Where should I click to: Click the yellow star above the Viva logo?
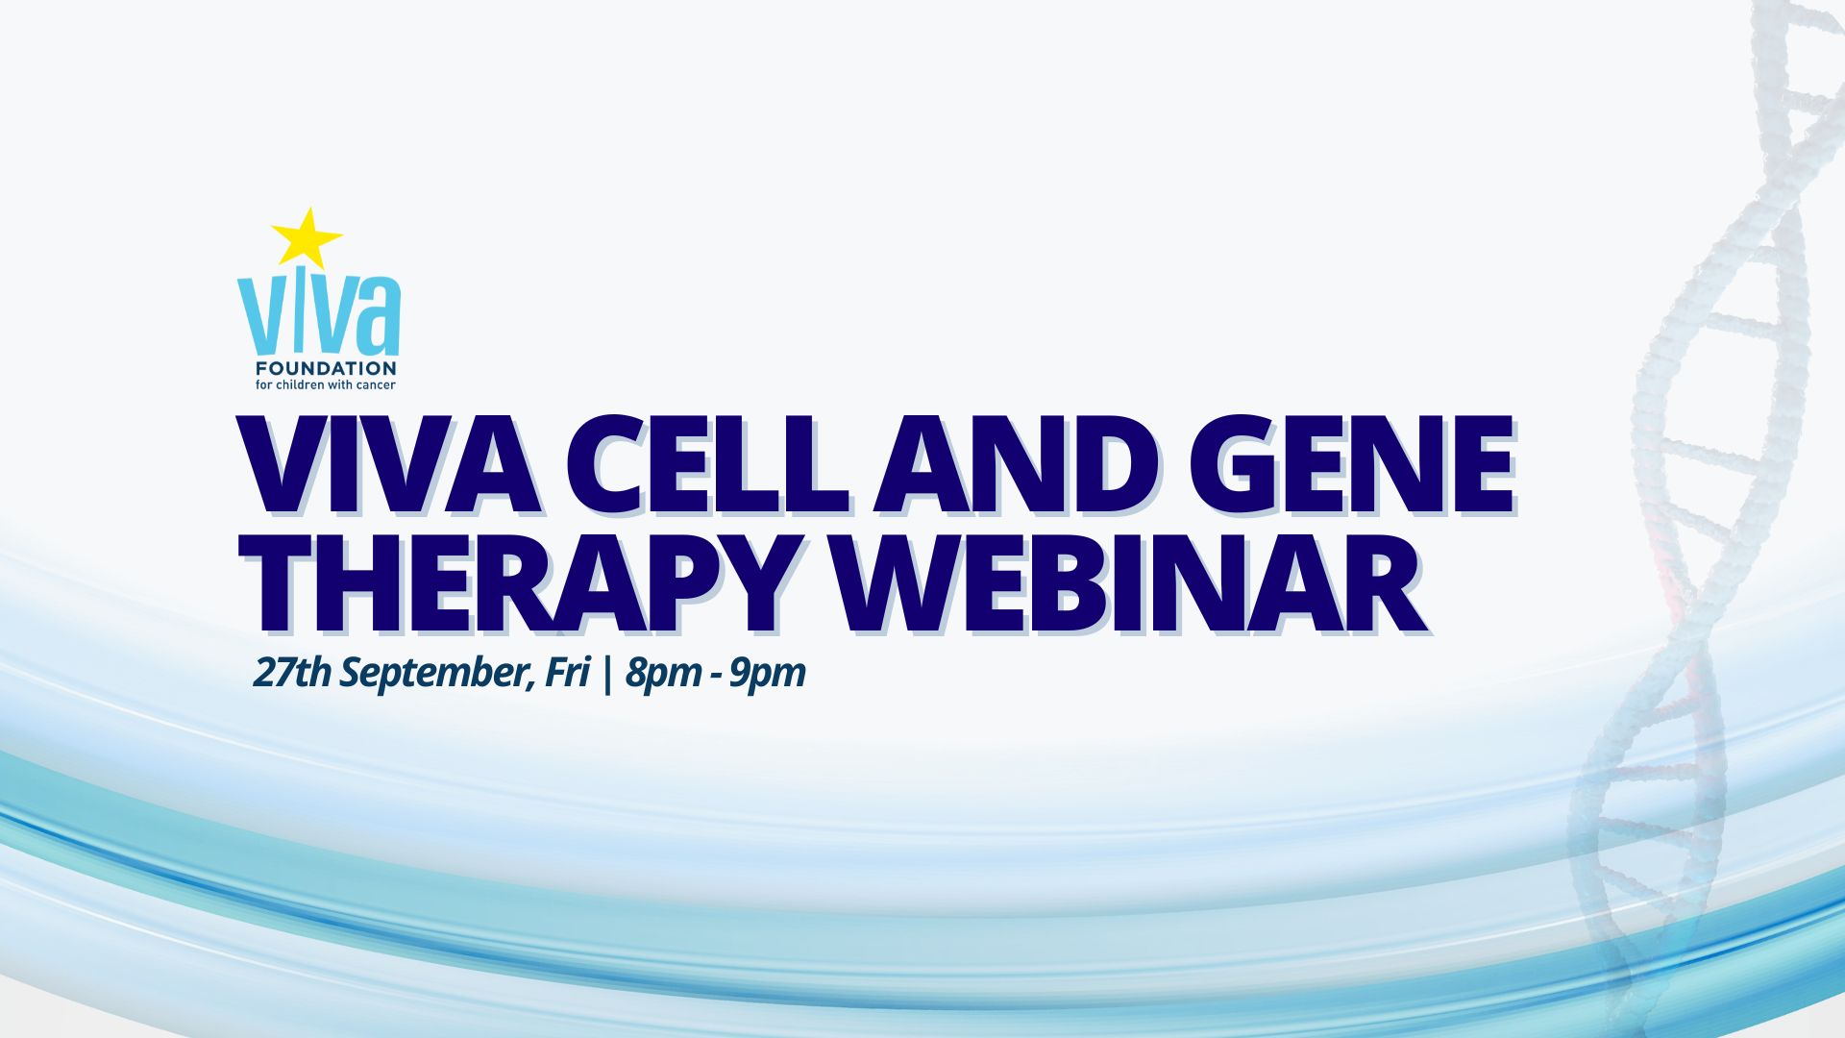click(x=307, y=237)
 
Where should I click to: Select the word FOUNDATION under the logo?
click(x=326, y=368)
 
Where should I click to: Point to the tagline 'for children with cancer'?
click(x=326, y=385)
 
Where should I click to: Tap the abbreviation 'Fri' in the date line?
click(x=566, y=672)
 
